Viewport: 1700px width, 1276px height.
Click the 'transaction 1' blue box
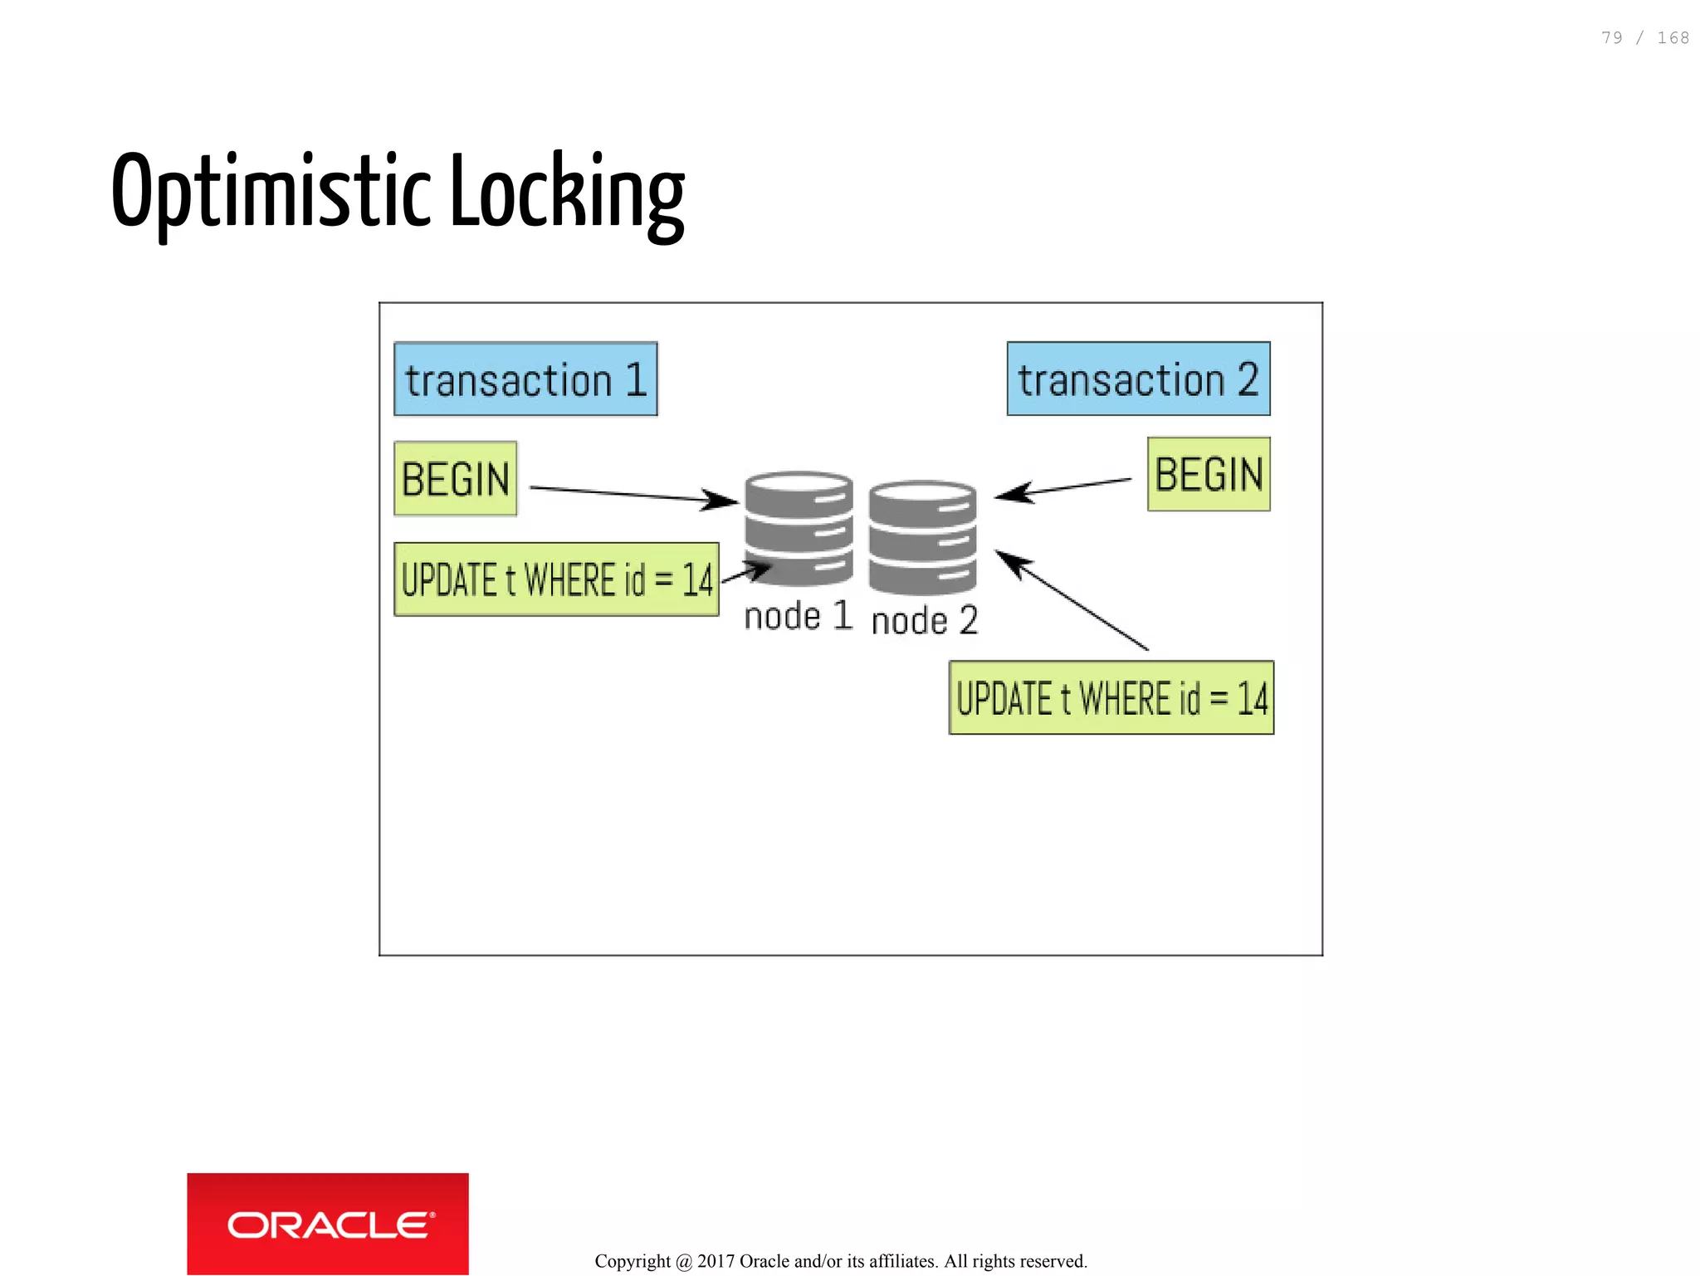(525, 379)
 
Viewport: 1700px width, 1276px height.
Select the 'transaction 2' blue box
(1138, 379)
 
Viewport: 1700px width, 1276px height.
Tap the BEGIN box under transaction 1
(456, 479)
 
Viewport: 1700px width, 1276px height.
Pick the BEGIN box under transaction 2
(1209, 475)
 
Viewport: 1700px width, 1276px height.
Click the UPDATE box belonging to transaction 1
(556, 579)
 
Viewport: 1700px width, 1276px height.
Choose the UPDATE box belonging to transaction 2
(1111, 698)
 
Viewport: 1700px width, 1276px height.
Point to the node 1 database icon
(799, 528)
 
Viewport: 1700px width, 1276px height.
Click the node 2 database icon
(922, 537)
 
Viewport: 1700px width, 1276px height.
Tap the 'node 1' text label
(798, 617)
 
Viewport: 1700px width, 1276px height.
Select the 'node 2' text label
(925, 621)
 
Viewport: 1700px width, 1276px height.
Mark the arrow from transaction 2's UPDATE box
(1071, 599)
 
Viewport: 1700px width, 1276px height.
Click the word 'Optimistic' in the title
(271, 193)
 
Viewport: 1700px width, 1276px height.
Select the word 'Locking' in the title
(567, 193)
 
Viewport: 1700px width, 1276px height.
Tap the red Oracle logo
(328, 1224)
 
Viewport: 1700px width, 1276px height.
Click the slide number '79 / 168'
(1644, 38)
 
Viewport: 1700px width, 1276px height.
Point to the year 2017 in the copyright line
(716, 1261)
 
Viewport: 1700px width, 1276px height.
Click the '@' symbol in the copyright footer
(684, 1262)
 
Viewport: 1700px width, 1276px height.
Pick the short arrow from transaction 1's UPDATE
(746, 572)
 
